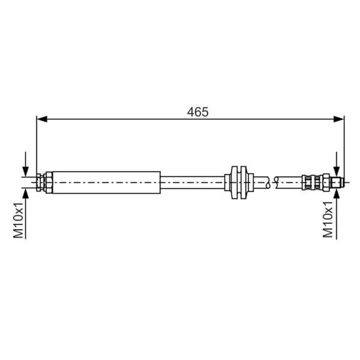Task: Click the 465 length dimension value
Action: pos(198,112)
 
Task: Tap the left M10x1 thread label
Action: pos(18,220)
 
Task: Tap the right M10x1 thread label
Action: pos(328,219)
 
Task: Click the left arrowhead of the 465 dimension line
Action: pos(42,119)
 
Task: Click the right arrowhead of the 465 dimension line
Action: pos(339,119)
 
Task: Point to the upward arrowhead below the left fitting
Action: pos(26,194)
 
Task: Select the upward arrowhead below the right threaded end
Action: pos(336,194)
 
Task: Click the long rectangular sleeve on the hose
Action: pos(106,182)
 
